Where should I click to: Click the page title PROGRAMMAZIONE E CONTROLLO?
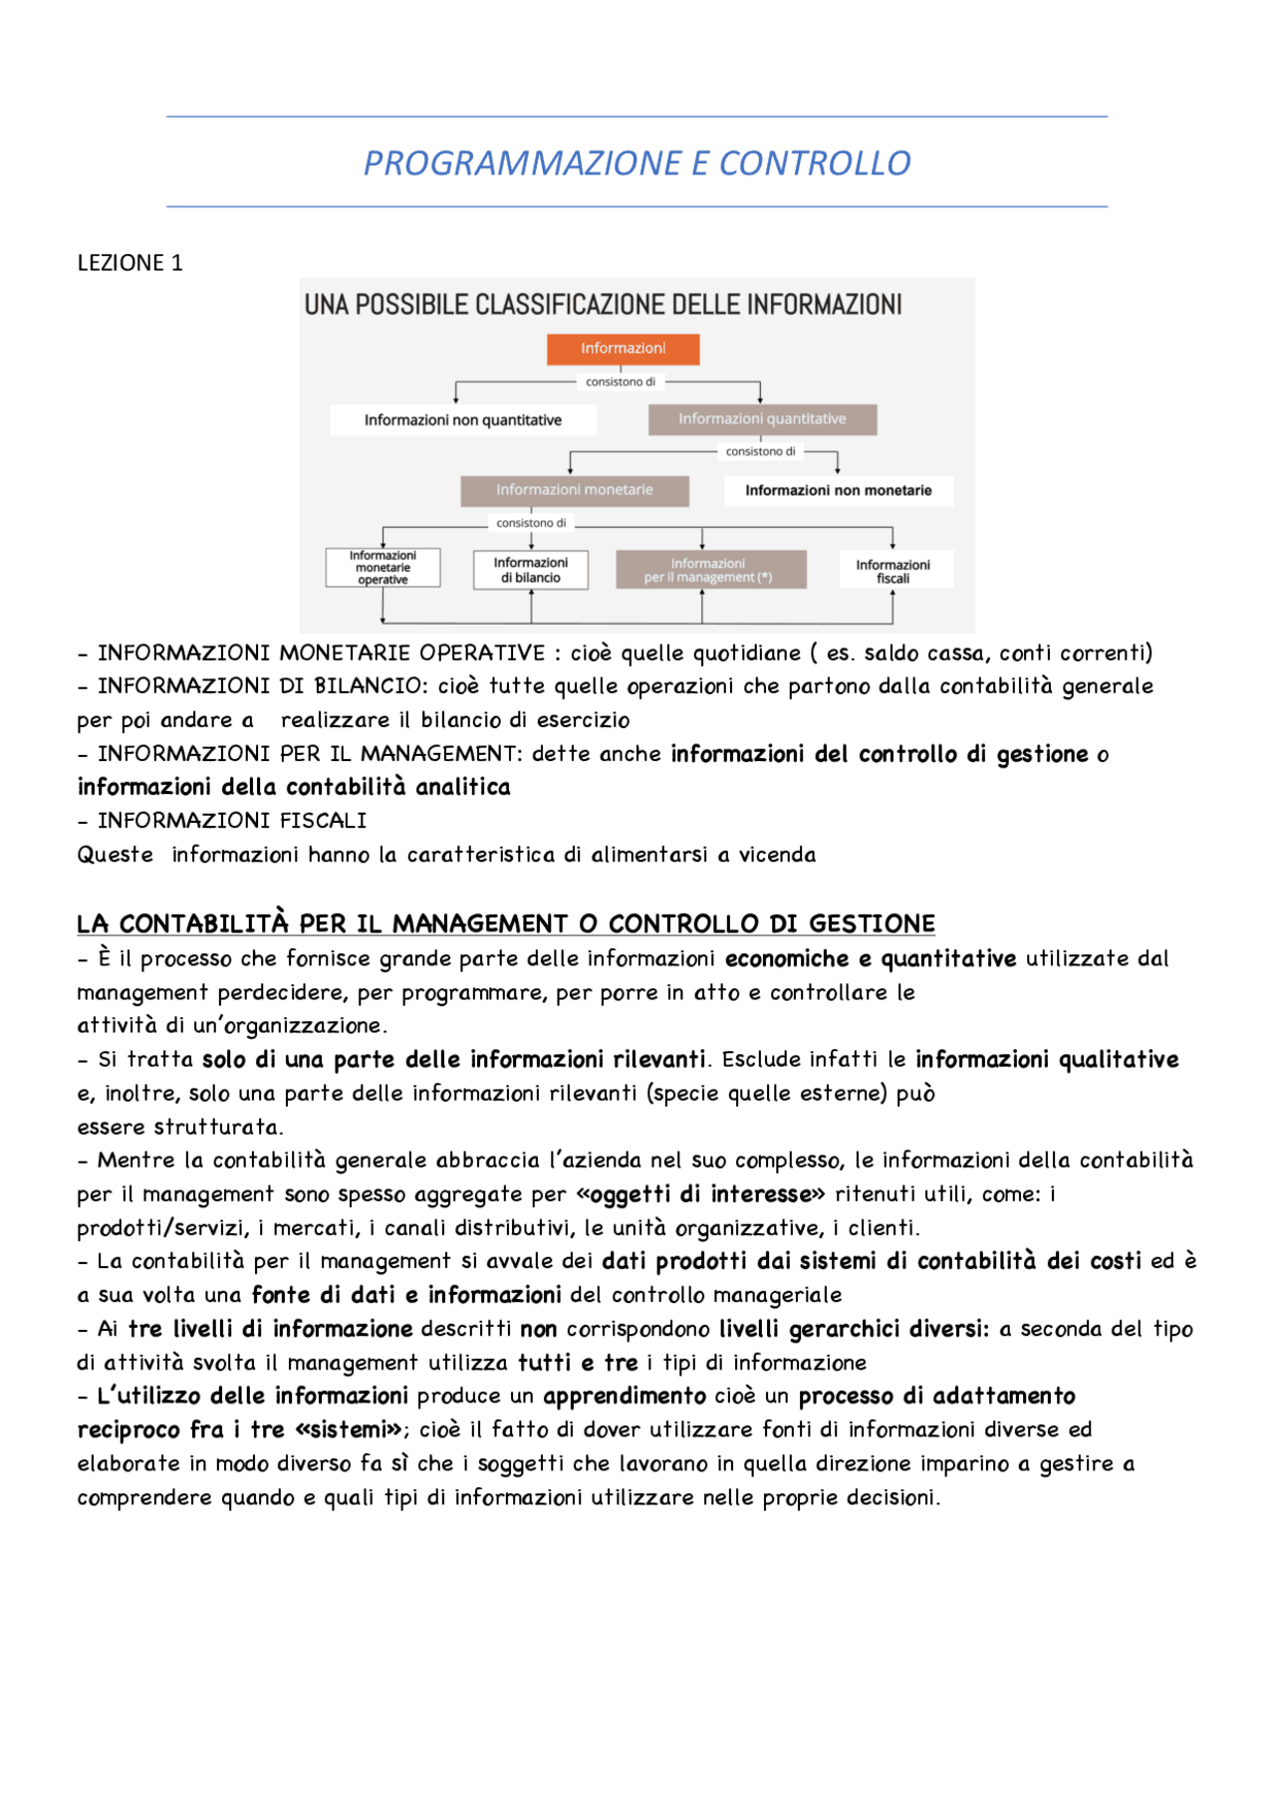[637, 162]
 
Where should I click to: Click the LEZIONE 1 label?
[129, 263]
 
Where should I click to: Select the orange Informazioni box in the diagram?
[623, 349]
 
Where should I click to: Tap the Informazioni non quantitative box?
[463, 420]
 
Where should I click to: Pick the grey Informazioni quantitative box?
[762, 419]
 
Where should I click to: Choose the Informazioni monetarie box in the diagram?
[575, 490]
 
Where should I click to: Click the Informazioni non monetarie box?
[838, 490]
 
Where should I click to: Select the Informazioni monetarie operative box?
[382, 568]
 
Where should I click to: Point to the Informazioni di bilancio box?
[531, 570]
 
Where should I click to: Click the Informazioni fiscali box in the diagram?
[893, 571]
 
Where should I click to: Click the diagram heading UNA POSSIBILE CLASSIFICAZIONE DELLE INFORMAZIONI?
[603, 305]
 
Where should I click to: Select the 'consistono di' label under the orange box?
[620, 382]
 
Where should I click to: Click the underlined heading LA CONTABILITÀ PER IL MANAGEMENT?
[506, 923]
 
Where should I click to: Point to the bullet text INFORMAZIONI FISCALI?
[231, 821]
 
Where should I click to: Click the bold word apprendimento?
[624, 1396]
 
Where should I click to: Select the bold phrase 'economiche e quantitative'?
[870, 958]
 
